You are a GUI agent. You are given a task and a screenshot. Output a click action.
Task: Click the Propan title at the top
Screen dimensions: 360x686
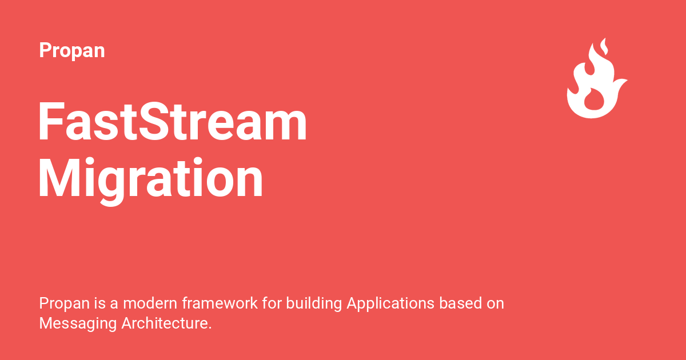72,50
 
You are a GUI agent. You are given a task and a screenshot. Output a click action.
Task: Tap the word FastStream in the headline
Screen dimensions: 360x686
173,123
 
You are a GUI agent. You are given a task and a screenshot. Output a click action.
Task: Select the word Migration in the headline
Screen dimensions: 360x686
151,179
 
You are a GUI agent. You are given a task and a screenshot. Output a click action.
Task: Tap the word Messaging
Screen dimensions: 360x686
78,323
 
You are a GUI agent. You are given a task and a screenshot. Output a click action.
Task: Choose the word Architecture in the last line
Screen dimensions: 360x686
166,323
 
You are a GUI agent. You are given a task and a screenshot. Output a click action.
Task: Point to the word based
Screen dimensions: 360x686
461,303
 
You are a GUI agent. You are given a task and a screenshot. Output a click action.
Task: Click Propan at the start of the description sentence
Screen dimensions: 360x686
60,303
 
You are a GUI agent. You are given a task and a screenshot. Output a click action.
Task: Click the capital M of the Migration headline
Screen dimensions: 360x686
57,179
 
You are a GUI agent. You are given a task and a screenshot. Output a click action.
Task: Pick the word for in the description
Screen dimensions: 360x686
272,303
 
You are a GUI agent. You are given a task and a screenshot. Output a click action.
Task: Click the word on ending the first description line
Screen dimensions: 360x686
495,303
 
